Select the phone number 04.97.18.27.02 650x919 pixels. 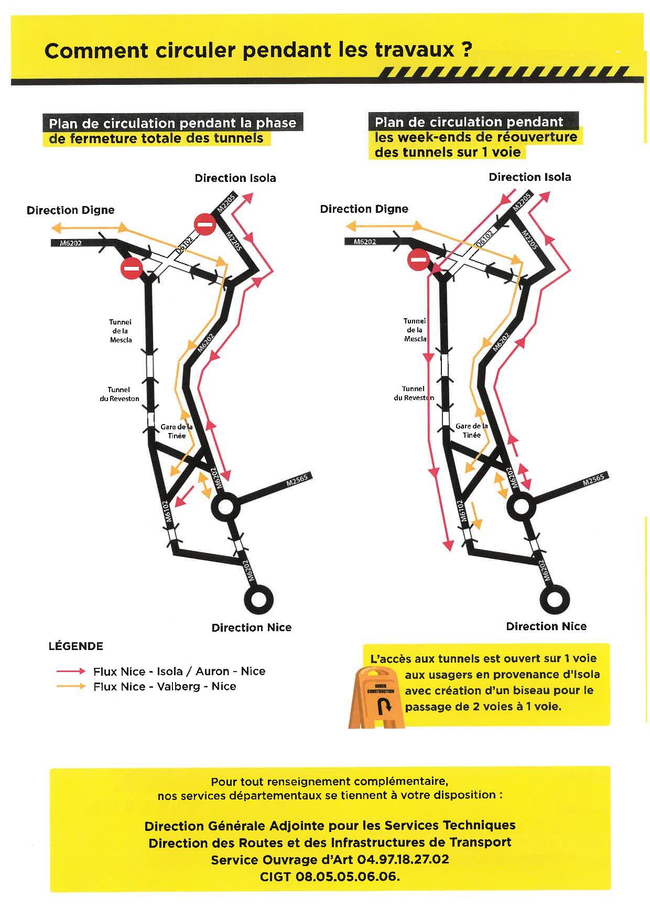(403, 860)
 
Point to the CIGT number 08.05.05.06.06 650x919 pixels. (348, 877)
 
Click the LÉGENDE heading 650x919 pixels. (76, 646)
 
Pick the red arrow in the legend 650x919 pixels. (71, 671)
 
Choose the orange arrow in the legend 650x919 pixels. (71, 686)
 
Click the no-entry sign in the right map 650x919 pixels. (418, 260)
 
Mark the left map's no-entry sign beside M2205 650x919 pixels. (204, 225)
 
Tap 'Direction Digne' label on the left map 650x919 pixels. (70, 210)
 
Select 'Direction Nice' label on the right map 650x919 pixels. (546, 626)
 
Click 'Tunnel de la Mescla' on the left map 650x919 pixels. (121, 331)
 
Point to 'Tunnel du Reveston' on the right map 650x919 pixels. (414, 393)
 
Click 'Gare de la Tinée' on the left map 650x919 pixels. (177, 431)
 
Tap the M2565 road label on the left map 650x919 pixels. (299, 481)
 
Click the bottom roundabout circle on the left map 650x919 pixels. (259, 599)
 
